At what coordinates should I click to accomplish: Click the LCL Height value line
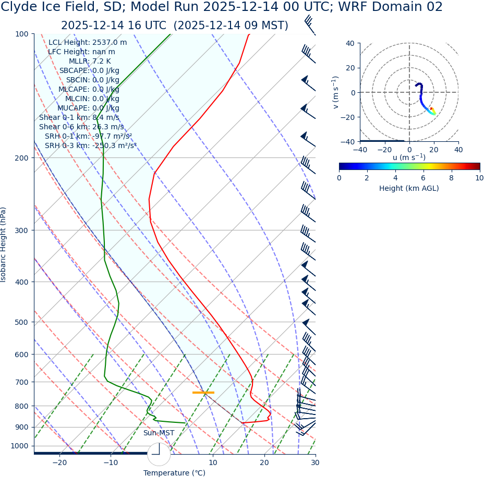[x=88, y=42]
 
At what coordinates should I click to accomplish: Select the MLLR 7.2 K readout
[x=90, y=61]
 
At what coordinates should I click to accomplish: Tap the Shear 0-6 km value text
[x=81, y=127]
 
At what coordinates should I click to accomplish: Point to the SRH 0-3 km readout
[x=90, y=145]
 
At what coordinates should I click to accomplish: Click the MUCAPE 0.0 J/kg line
[x=88, y=108]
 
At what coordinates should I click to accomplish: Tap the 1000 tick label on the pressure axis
[x=19, y=446]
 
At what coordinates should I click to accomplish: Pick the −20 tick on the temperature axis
[x=59, y=462]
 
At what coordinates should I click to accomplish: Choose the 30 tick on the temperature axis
[x=315, y=462]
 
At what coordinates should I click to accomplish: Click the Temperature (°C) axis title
[x=174, y=473]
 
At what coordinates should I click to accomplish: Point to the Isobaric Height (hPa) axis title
[x=4, y=245]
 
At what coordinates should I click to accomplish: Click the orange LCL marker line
[x=203, y=392]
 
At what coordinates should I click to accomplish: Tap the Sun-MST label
[x=159, y=433]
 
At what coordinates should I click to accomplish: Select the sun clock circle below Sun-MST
[x=159, y=454]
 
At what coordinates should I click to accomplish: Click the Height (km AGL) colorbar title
[x=409, y=188]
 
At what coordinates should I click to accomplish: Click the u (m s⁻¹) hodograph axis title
[x=409, y=157]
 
